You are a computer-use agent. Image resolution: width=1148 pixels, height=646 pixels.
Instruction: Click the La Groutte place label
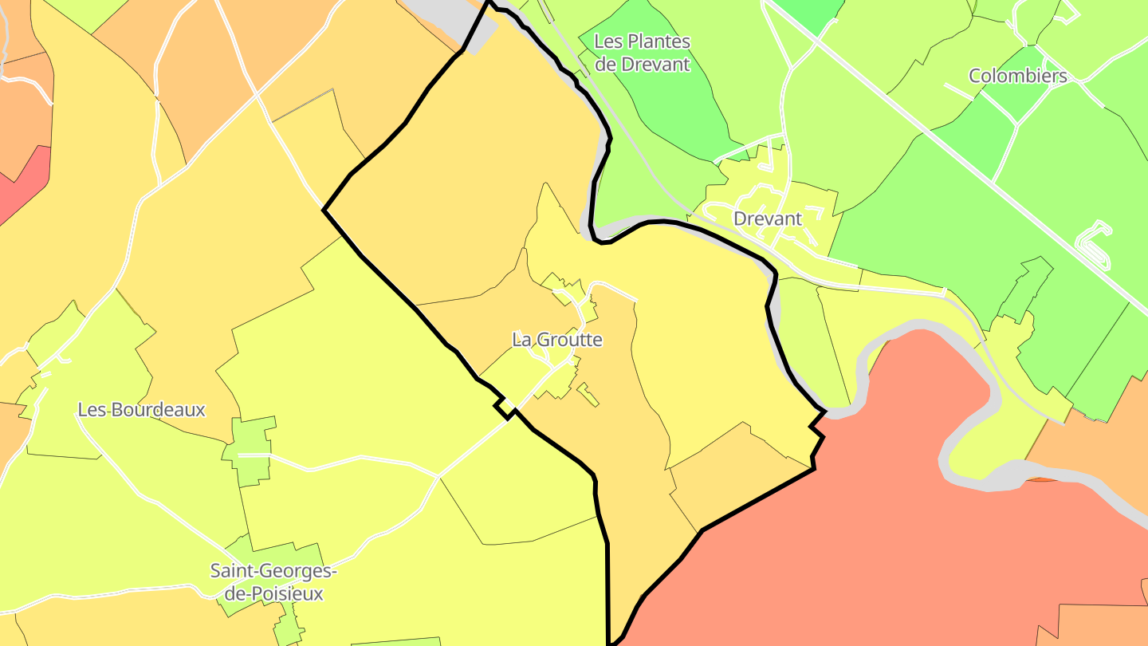pyautogui.click(x=557, y=340)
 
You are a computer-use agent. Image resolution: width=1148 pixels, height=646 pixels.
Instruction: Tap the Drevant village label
pyautogui.click(x=767, y=219)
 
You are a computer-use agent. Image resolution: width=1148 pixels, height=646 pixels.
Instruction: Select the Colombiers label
pyautogui.click(x=1017, y=76)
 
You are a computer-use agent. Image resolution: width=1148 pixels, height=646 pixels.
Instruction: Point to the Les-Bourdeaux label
pyautogui.click(x=141, y=410)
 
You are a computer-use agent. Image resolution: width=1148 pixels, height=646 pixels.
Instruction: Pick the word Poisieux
pyautogui.click(x=284, y=594)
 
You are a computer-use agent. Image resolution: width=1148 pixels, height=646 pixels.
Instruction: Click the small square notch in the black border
pyautogui.click(x=505, y=408)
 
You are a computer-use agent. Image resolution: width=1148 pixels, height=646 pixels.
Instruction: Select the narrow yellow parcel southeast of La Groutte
pyautogui.click(x=588, y=395)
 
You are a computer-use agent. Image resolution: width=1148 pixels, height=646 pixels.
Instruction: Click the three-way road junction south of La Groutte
pyautogui.click(x=439, y=477)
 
